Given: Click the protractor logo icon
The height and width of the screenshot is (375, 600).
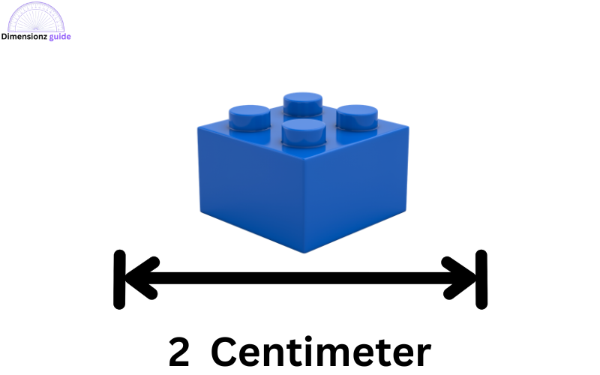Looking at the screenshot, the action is [x=36, y=16].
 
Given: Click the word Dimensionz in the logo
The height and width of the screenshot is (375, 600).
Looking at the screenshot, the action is [x=24, y=37].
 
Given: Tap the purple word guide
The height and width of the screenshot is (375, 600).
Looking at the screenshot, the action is [x=60, y=37].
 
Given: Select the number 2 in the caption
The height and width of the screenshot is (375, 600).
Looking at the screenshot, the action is [x=179, y=350].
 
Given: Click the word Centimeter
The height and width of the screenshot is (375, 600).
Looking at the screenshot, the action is [x=321, y=350].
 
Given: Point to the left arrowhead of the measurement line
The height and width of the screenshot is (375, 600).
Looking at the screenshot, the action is [x=142, y=278].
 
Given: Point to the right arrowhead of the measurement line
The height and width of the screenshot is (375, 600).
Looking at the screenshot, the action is [x=459, y=278].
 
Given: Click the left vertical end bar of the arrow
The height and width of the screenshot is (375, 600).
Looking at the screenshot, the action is [x=119, y=279].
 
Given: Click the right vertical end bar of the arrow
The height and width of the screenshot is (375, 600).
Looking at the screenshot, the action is [x=481, y=279].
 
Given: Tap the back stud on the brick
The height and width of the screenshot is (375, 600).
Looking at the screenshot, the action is [x=303, y=103].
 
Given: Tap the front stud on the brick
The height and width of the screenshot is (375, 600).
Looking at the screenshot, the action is [x=304, y=132].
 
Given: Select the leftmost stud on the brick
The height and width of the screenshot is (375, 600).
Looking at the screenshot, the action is [x=250, y=118].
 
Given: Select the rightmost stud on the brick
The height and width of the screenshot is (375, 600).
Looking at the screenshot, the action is [x=357, y=117].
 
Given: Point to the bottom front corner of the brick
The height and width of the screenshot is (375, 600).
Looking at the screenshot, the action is [x=305, y=253].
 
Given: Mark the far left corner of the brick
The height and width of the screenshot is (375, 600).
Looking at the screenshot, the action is [x=198, y=128].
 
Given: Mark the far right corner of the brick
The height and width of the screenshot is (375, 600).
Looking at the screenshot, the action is [x=409, y=127].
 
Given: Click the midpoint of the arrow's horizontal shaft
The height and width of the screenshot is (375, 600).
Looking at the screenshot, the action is [x=301, y=278].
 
